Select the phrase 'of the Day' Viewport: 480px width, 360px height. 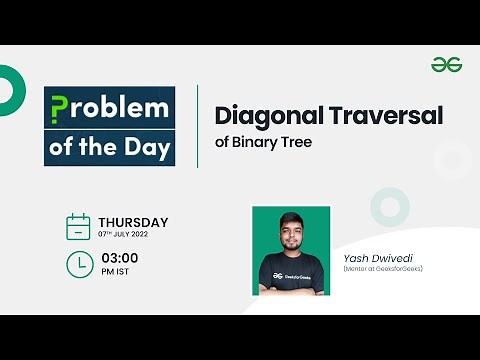[109, 147]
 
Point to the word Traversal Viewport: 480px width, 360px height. [386, 115]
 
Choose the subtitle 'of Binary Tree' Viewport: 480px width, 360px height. [264, 142]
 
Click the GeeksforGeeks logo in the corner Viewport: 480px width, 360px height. [446, 65]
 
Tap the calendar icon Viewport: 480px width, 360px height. [78, 226]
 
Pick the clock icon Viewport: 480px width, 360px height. [78, 264]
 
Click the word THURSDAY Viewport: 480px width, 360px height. [133, 222]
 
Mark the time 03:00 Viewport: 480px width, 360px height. [118, 258]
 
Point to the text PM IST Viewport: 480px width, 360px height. [113, 271]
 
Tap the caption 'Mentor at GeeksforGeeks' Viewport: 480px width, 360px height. [383, 268]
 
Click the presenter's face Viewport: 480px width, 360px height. [291, 233]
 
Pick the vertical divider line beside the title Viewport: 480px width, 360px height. [197, 125]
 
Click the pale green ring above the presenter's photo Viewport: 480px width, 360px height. [389, 206]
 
